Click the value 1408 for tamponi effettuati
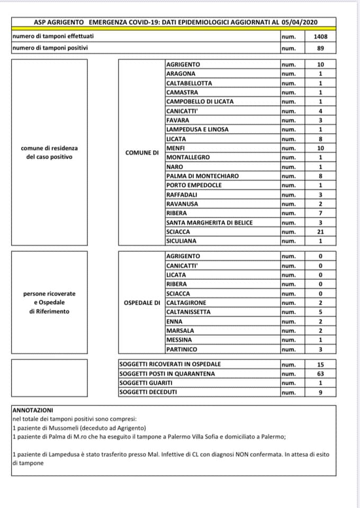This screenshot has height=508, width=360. coord(320,37)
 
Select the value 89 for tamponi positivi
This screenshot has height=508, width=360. coord(320,48)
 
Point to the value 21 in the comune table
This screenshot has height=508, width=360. coord(320,232)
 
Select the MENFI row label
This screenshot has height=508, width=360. coord(175,148)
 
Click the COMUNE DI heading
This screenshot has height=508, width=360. coord(142,152)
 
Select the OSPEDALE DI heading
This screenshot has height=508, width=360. coord(141,303)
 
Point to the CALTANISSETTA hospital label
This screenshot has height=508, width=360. coord(188,312)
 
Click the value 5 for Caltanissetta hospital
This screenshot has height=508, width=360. coord(320,312)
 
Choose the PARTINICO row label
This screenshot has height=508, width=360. coord(182,349)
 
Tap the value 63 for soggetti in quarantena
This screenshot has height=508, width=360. coord(320,374)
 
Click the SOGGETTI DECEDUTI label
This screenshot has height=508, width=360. coord(148,392)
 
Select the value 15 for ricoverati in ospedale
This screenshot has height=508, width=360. coord(320,365)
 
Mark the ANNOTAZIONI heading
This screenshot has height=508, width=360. coord(32,410)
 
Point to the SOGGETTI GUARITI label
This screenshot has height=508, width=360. coord(146,383)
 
